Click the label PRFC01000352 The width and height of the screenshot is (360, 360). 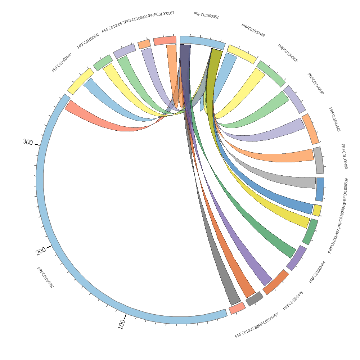tap(206, 15)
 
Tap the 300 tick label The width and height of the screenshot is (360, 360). tap(28, 142)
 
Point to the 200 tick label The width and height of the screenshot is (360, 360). tap(41, 251)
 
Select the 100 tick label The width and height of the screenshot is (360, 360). tap(121, 324)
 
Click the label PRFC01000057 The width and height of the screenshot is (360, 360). tap(45, 278)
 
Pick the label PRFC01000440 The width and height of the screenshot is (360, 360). tap(62, 63)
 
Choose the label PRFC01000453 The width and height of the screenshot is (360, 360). tap(293, 301)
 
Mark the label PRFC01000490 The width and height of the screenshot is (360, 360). tap(344, 156)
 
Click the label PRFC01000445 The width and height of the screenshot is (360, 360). tap(334, 119)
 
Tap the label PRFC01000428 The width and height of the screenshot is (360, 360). tap(288, 53)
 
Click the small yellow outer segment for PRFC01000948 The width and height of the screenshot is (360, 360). tap(317, 210)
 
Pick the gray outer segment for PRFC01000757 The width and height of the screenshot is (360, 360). tap(255, 299)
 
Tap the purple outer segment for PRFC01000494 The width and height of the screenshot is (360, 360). tap(296, 258)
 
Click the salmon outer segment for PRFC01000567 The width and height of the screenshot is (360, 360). tap(165, 40)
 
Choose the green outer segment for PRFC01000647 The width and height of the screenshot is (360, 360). tap(103, 62)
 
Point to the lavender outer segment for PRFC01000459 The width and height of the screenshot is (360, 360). tap(294, 99)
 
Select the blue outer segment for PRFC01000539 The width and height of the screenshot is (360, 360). tap(320, 189)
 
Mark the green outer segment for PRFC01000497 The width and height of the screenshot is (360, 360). tap(310, 232)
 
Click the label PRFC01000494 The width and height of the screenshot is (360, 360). tap(317, 272)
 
